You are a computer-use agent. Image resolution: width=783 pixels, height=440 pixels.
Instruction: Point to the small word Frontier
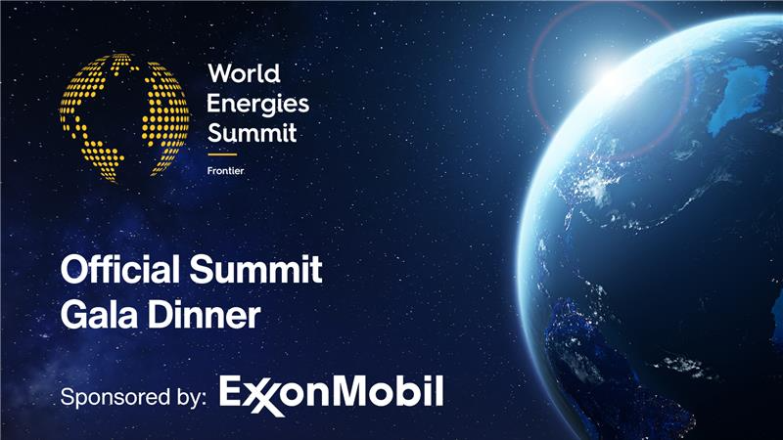(x=225, y=170)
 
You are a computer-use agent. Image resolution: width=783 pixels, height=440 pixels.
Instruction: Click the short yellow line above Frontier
(x=223, y=154)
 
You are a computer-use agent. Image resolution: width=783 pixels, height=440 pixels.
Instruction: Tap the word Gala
(x=96, y=315)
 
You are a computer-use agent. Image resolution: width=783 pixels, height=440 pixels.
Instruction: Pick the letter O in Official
(x=73, y=269)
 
